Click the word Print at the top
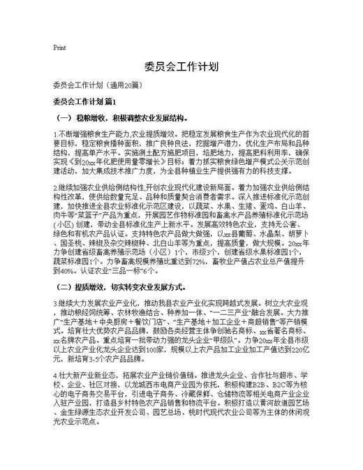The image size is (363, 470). click(x=59, y=48)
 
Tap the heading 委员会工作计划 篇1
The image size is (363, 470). click(x=90, y=103)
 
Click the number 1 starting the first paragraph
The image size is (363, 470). click(x=54, y=133)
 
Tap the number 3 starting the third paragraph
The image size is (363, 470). click(x=54, y=303)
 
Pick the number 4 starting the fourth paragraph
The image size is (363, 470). click(x=54, y=376)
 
